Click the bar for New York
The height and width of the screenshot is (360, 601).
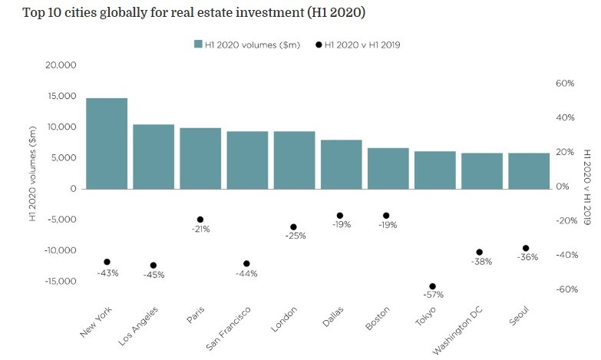107,144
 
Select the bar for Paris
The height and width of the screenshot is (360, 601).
200,158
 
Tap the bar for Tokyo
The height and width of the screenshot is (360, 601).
435,170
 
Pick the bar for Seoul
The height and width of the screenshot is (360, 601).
529,170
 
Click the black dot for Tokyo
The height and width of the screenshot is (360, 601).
432,286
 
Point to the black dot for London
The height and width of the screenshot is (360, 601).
293,227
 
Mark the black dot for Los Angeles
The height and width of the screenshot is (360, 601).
154,266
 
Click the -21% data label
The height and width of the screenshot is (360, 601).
200,229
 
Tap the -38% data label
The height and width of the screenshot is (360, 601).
481,262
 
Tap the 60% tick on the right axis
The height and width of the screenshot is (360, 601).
565,84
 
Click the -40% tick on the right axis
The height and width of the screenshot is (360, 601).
566,255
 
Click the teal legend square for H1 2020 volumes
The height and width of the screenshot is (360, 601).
197,45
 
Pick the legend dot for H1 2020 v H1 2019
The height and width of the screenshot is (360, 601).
319,45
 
